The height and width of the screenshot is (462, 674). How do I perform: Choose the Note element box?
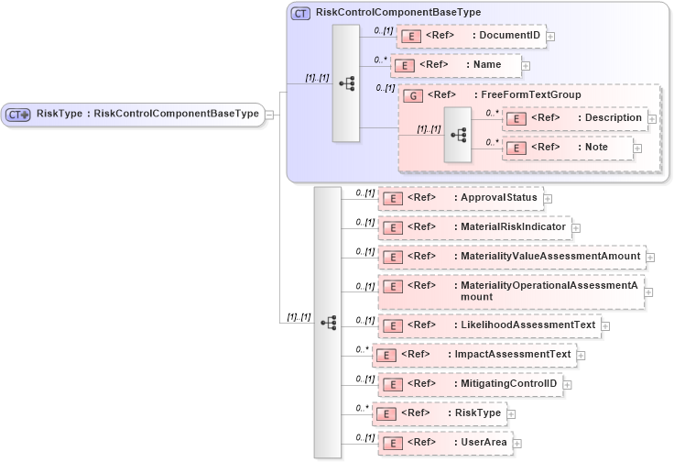point(568,147)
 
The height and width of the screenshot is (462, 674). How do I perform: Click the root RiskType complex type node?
point(132,115)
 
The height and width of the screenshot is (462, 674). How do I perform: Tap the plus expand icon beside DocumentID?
point(550,37)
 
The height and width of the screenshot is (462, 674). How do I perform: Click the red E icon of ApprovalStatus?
point(392,197)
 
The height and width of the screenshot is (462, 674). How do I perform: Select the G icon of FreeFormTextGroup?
point(412,94)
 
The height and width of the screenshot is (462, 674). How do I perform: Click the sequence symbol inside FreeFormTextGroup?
point(457,134)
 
